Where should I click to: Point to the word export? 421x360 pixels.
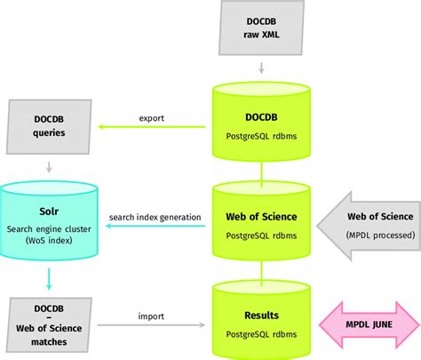click(x=152, y=116)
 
